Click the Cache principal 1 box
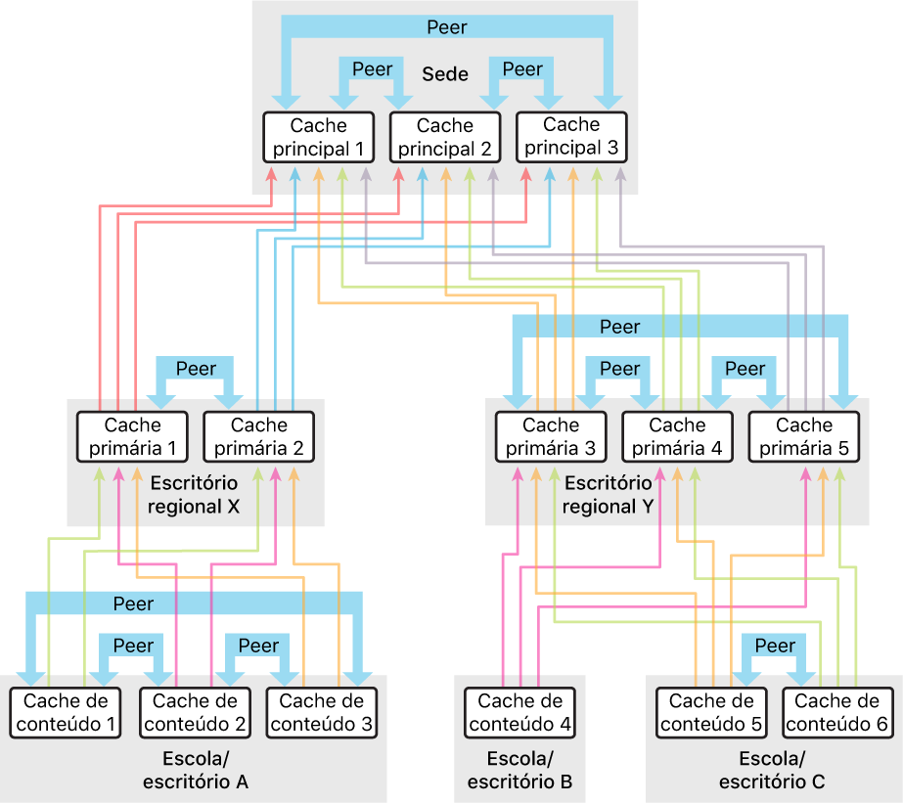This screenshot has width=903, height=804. (319, 138)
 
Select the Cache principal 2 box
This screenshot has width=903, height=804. (445, 138)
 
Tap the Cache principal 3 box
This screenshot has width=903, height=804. (571, 138)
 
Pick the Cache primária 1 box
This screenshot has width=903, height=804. (133, 437)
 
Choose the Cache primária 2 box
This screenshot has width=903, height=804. (259, 437)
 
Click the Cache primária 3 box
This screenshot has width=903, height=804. (551, 437)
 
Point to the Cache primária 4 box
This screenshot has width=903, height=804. (677, 437)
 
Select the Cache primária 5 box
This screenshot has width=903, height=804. (803, 437)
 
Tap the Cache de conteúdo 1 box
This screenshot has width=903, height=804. (66, 713)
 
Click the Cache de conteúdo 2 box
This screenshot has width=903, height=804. (197, 713)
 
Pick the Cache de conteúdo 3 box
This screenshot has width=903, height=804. (321, 713)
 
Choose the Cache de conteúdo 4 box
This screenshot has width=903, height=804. (519, 713)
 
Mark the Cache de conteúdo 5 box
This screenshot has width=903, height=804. (712, 713)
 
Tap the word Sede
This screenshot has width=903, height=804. (445, 74)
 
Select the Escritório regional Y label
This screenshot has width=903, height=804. (608, 494)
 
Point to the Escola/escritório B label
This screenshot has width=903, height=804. (519, 770)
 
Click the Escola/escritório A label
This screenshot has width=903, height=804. (196, 770)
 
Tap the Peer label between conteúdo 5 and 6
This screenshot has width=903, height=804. (775, 646)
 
